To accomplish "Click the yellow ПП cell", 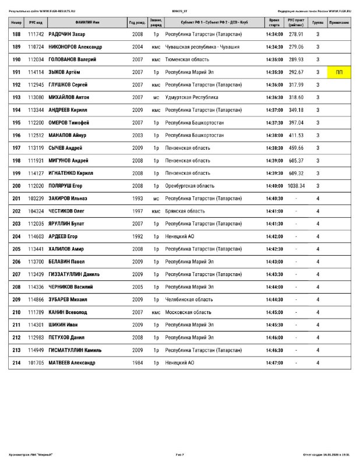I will [x=339, y=72].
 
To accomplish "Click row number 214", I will [x=16, y=363].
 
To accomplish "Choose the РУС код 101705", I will [x=36, y=363].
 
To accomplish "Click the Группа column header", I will [x=317, y=22].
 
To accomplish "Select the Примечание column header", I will [x=339, y=22].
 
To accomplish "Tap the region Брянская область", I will [x=185, y=211].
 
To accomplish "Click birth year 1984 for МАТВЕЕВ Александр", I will [x=137, y=363].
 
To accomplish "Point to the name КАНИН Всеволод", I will [x=68, y=312].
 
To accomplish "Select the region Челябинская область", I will [x=189, y=299].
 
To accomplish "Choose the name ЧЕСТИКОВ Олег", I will [x=66, y=211].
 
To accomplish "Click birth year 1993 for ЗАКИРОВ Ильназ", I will [x=137, y=199].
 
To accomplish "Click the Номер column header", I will [x=16, y=22].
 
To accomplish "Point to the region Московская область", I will [x=188, y=312].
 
